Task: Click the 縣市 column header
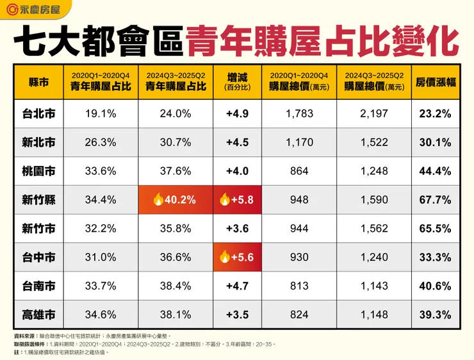[x=38, y=82]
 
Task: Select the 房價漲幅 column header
[x=433, y=82]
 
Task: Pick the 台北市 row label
[x=38, y=114]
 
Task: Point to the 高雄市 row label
[x=38, y=315]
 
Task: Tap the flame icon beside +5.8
[x=225, y=200]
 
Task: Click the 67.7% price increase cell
[x=433, y=200]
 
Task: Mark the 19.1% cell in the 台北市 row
[x=100, y=114]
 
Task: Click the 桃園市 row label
[x=38, y=171]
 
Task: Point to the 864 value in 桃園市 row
[x=300, y=171]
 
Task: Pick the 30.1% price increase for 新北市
[x=433, y=142]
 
